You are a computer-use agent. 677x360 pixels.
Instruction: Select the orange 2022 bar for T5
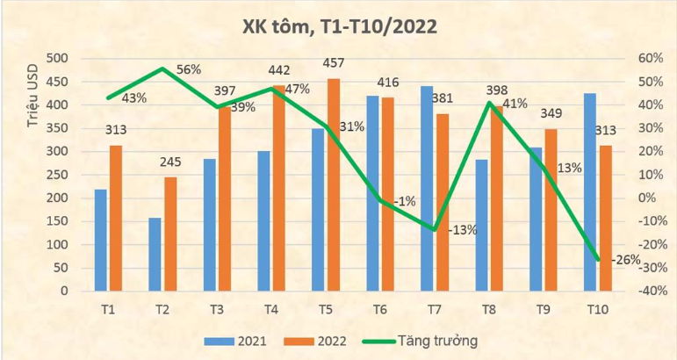334,184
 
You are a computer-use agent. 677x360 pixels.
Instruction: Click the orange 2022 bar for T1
116,218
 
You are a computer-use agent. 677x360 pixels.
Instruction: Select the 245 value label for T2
170,162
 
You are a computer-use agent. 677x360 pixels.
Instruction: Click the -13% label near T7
462,230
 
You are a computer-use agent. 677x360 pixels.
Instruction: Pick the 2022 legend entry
323,340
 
